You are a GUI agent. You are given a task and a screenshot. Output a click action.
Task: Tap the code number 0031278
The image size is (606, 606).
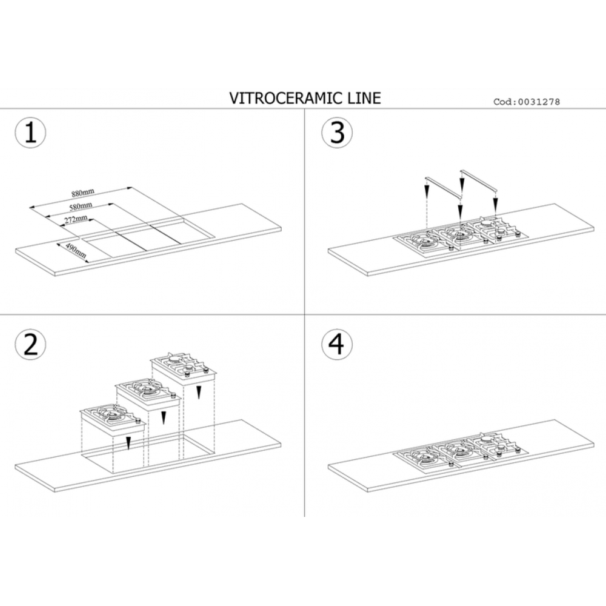click(x=539, y=102)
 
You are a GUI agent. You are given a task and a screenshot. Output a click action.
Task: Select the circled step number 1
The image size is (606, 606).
click(x=30, y=133)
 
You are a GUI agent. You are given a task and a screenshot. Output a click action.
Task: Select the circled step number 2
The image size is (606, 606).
click(x=30, y=344)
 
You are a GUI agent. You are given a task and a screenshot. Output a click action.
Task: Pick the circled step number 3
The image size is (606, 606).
click(x=337, y=132)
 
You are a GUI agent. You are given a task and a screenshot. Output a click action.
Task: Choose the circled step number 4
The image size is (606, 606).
click(x=337, y=344)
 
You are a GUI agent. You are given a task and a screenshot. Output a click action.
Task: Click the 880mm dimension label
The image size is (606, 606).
click(x=82, y=193)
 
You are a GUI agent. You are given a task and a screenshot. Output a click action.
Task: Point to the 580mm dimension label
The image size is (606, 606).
click(x=81, y=207)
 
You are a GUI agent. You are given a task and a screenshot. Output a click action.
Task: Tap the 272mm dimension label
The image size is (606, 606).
click(x=76, y=219)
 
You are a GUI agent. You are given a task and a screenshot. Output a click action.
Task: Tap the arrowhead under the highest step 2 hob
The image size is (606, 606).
click(x=199, y=393)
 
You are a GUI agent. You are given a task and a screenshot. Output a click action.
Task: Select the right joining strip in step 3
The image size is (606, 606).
click(x=478, y=180)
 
